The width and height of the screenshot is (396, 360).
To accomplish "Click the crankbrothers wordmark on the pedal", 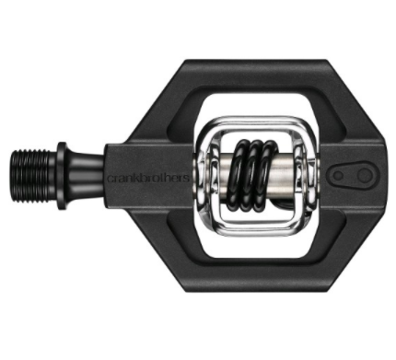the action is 148,178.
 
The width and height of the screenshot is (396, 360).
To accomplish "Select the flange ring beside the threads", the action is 62,176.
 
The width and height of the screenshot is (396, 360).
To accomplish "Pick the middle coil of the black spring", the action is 255,175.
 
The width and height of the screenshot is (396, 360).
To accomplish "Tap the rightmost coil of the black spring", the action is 269,175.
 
